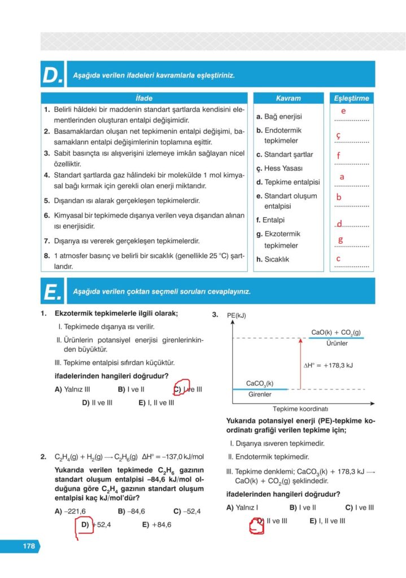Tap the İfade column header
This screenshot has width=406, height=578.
point(145,98)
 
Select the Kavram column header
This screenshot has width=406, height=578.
point(288,98)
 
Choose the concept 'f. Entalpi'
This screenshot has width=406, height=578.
point(270,220)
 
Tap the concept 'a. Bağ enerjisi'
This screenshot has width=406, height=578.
point(279,117)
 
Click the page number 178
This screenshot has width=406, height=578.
point(29,546)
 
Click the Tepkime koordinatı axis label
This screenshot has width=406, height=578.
point(300,409)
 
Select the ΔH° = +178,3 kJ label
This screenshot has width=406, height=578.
point(328,365)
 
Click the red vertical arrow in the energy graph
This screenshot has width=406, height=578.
point(300,364)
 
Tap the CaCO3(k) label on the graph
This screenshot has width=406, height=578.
point(260,383)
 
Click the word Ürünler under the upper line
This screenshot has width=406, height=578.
point(337,343)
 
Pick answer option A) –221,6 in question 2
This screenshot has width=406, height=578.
point(70,511)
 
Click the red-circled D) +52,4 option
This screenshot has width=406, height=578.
point(93,524)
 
